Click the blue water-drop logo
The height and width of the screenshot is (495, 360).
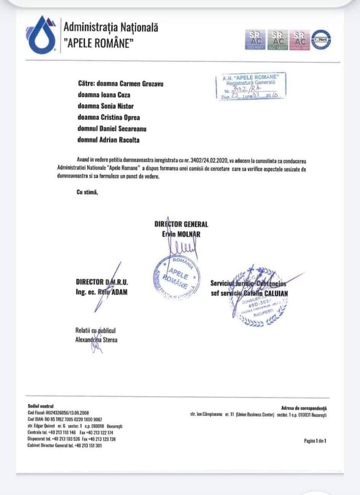point(42,35)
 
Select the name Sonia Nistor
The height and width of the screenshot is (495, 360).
point(119,106)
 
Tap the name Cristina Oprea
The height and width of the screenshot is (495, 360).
point(121,117)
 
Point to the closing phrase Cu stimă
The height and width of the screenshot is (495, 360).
point(87,192)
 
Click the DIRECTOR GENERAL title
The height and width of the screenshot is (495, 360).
point(181,224)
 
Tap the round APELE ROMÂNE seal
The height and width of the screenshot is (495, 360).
point(176,276)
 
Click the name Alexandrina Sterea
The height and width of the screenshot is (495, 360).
point(96,340)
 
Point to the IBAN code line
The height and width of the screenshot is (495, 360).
point(64,419)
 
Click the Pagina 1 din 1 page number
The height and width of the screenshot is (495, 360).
point(315,441)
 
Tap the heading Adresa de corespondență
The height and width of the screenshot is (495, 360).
point(304,408)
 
